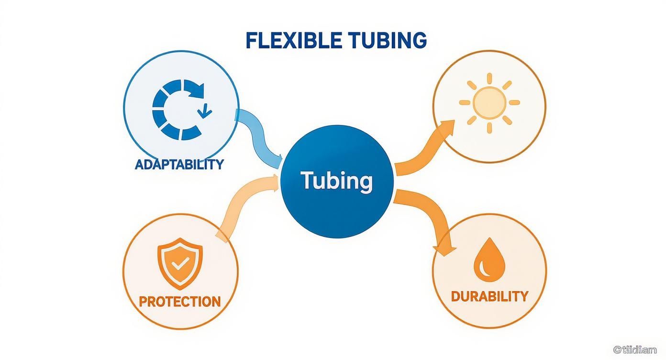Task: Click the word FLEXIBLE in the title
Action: (x=293, y=41)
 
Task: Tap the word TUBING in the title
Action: (x=387, y=41)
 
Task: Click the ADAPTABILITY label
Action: (x=179, y=164)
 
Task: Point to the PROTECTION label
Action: (x=179, y=302)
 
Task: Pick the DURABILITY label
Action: (x=489, y=296)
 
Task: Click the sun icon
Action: (x=489, y=102)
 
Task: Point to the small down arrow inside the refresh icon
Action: (x=206, y=111)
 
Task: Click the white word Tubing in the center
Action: (x=336, y=180)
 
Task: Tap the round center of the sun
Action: (x=489, y=102)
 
